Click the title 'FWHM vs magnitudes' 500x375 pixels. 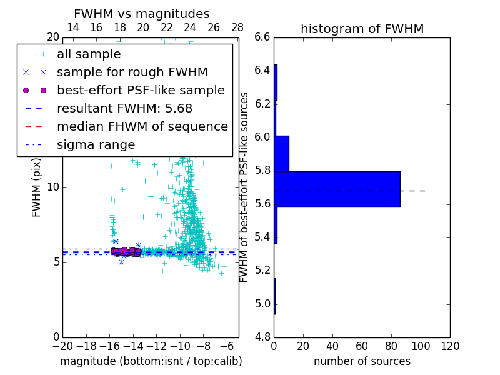coord(142,14)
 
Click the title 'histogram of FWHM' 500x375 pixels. coord(362,29)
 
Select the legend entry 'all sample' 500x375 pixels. coord(89,54)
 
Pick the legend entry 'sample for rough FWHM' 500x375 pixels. coord(132,72)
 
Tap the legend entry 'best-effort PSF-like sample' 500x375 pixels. coord(141,90)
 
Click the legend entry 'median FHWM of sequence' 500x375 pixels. coord(142,126)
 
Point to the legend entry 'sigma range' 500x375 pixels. coord(96,144)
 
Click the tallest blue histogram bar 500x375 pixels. coord(337,189)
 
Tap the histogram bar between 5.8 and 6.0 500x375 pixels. coord(281,153)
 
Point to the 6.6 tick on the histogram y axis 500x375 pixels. coord(262,37)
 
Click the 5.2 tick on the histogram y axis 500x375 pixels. coord(262,271)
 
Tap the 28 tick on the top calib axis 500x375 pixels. coord(237,27)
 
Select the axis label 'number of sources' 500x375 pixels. coord(362,361)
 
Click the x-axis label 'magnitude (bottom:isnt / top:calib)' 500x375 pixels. coord(151,361)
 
